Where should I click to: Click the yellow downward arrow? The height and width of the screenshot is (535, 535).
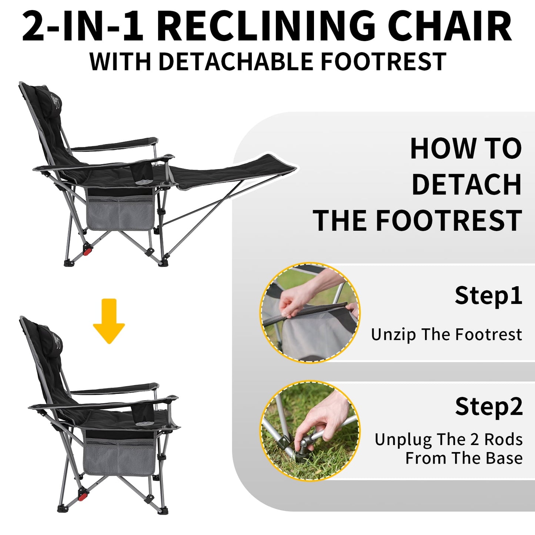pyautogui.click(x=109, y=321)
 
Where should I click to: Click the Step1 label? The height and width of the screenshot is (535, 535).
pyautogui.click(x=488, y=296)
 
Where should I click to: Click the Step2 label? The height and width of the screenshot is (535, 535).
pyautogui.click(x=489, y=407)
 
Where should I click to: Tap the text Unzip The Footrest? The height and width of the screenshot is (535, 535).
pyautogui.click(x=447, y=335)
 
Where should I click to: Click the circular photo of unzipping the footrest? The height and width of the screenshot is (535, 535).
pyautogui.click(x=310, y=312)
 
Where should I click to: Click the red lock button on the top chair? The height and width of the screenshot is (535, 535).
pyautogui.click(x=88, y=251)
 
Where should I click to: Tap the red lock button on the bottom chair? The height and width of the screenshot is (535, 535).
pyautogui.click(x=82, y=497)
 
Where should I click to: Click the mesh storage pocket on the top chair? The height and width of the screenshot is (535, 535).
pyautogui.click(x=120, y=213)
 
